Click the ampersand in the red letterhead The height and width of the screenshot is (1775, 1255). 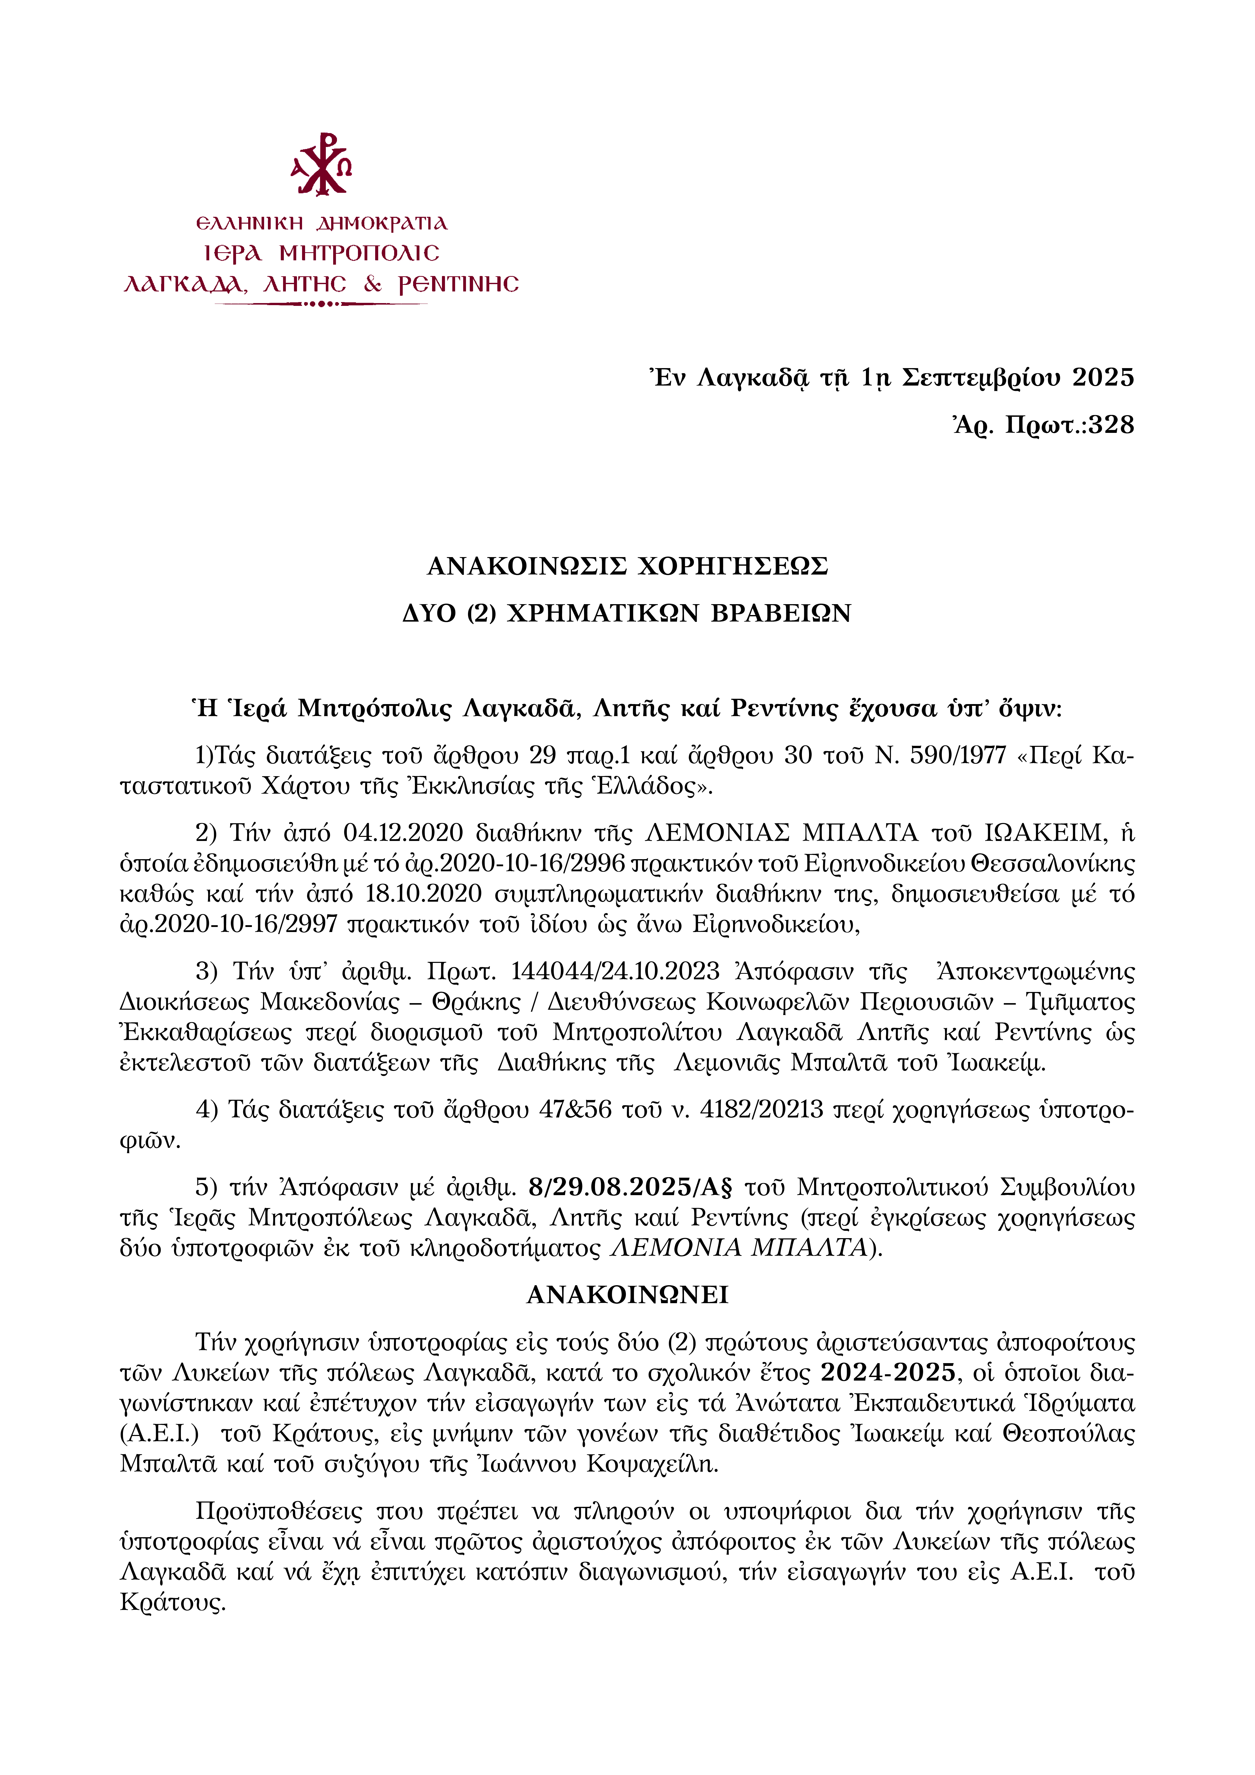tap(373, 285)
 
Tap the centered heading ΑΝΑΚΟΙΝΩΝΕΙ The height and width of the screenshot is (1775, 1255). tap(627, 1295)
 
